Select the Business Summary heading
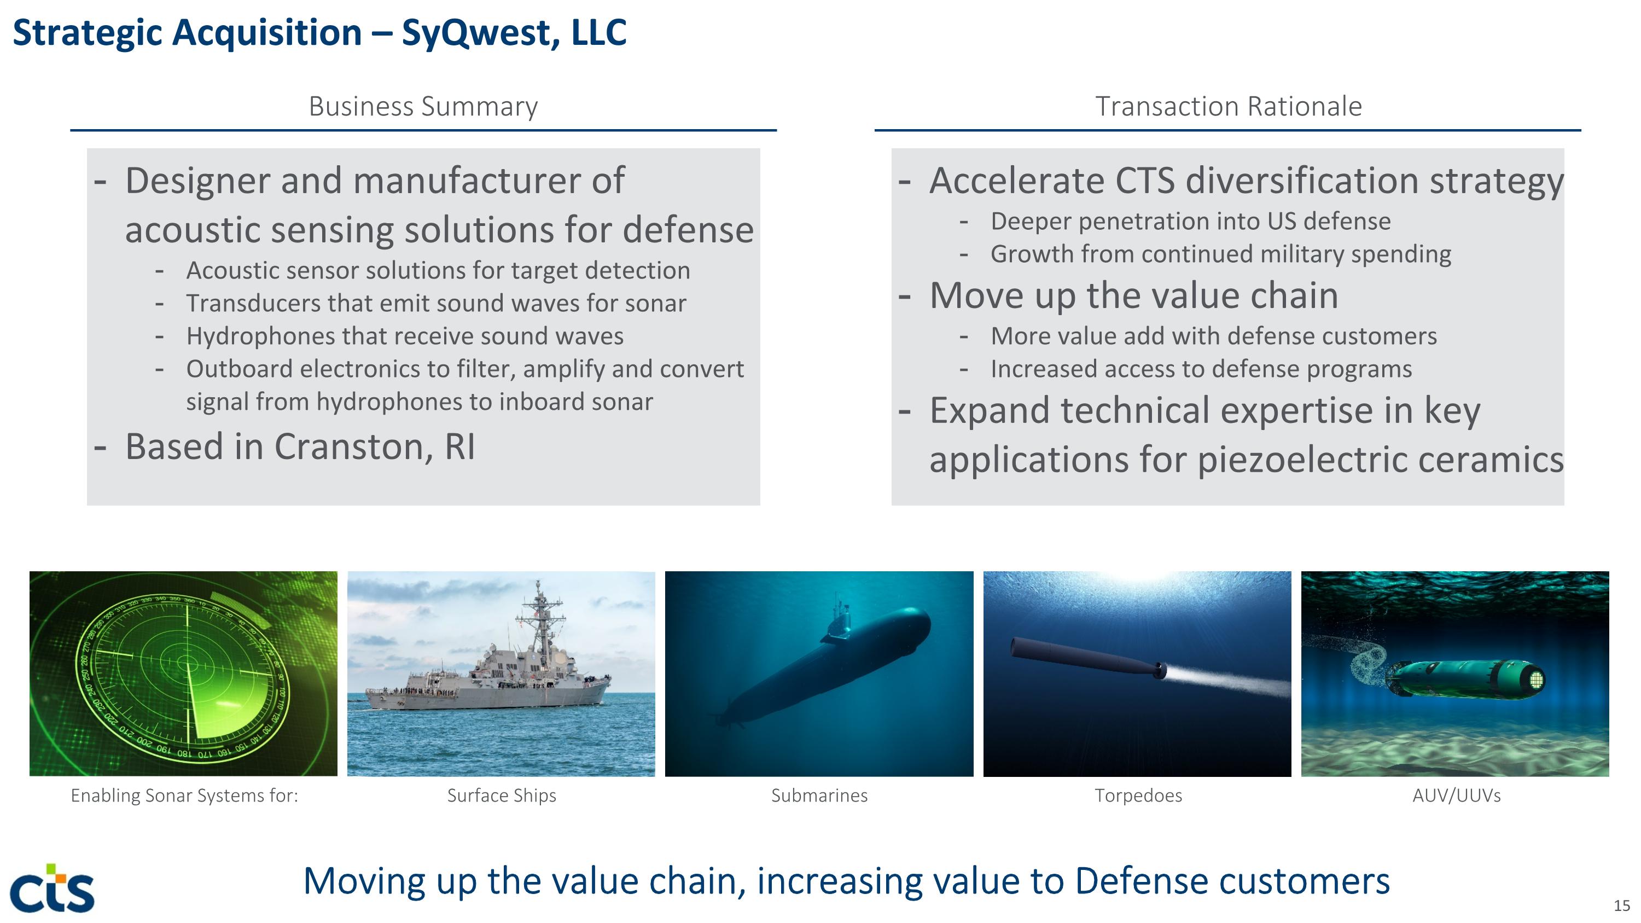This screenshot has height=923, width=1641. pyautogui.click(x=423, y=106)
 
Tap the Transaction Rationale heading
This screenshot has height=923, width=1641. pyautogui.click(x=1227, y=106)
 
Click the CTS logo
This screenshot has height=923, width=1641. pyautogui.click(x=52, y=889)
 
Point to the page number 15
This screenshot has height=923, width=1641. pyautogui.click(x=1621, y=905)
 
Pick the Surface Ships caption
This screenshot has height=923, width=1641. pyautogui.click(x=502, y=796)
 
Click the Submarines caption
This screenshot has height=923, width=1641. pyautogui.click(x=819, y=796)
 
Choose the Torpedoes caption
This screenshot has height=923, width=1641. pyautogui.click(x=1138, y=796)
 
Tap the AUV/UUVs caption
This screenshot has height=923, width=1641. pyautogui.click(x=1456, y=796)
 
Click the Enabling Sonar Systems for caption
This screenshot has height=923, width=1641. pyautogui.click(x=184, y=796)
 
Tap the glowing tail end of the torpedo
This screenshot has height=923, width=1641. pyautogui.click(x=1161, y=670)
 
